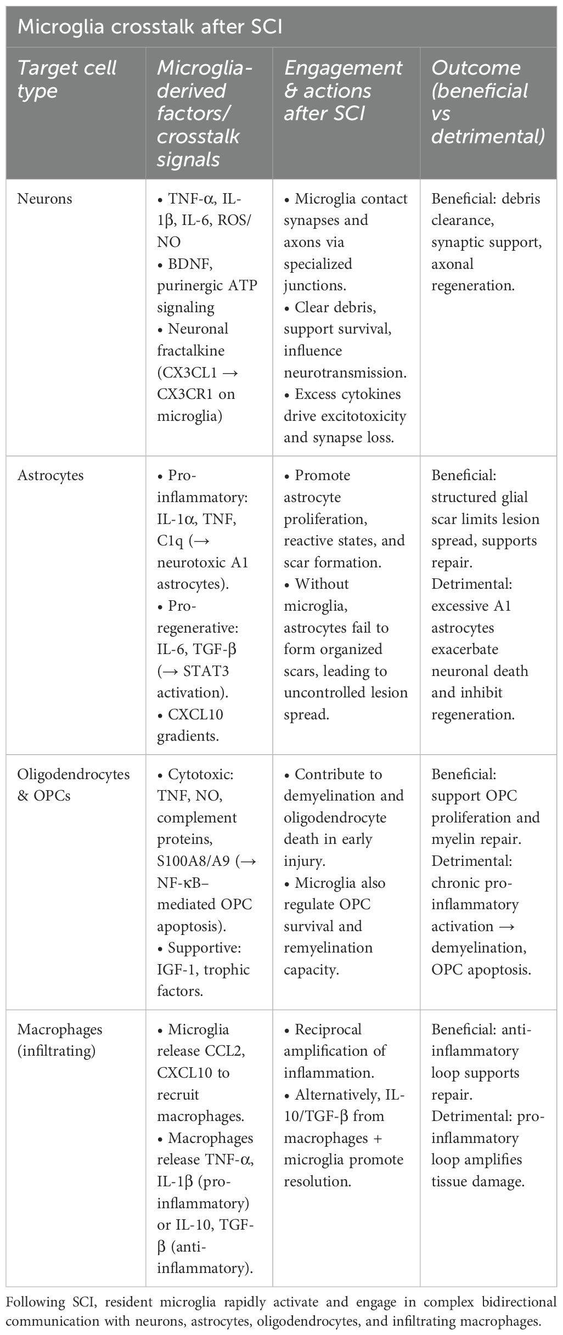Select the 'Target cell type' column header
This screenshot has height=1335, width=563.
[67, 79]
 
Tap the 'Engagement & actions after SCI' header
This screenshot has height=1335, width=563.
[343, 91]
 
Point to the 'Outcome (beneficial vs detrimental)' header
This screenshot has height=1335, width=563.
[488, 102]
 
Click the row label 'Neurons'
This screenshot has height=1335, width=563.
[44, 199]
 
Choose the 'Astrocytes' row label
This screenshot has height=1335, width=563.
[50, 475]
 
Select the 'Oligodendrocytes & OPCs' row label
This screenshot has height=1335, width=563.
[74, 785]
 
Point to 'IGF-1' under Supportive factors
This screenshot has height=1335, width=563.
[177, 970]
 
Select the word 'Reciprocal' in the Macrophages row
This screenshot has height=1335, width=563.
[328, 1029]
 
